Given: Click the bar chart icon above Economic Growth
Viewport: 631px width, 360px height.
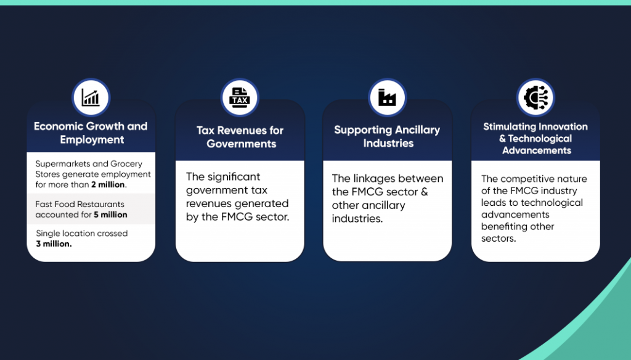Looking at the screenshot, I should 91,97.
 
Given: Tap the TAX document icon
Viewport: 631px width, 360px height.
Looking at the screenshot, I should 239,97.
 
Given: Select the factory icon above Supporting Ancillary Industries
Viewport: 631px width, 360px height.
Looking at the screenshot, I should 387,97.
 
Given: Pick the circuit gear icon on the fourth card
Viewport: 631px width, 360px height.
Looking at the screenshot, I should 535,97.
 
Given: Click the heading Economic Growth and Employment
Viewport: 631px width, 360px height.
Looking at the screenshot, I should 91,133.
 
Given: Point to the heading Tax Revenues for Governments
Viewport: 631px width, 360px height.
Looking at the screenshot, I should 240,137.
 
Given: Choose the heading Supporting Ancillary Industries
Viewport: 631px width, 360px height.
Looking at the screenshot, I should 387,136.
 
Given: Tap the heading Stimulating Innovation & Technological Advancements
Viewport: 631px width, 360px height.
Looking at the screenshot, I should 535,138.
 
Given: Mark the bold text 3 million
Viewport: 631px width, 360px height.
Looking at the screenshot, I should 54,243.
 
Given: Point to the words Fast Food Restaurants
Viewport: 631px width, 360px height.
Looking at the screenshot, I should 79,204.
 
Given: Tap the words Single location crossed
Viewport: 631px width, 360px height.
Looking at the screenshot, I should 81,234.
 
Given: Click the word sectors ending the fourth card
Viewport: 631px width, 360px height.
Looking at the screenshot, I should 498,238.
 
